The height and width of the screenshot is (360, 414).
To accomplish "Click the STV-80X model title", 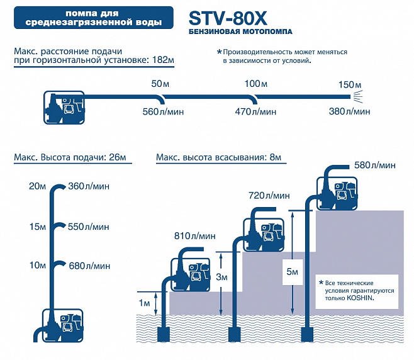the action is pos(228,18).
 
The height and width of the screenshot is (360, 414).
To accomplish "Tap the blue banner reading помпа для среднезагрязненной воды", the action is pos(94,18).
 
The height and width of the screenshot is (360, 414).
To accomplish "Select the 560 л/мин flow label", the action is pos(163,112).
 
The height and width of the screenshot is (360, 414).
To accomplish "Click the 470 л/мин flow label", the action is pos(255,112).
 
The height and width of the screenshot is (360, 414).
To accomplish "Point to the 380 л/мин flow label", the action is pos(349,111).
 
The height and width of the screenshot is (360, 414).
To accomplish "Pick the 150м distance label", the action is pos(350,85).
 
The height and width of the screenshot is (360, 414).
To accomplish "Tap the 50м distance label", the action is pos(160,84).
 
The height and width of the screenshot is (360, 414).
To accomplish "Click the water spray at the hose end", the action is pos(357,97).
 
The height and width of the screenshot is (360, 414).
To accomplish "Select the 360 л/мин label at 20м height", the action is pos(89,186).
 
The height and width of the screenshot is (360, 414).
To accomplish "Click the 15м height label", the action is pos(38,227).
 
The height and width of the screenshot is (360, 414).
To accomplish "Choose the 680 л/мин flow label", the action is pos(89,266).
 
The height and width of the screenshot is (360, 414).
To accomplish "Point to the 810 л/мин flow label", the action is pos(195,236).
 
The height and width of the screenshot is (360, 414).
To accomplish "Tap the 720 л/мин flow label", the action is pos(269,196).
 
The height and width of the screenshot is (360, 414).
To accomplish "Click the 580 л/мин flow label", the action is pos(375,166).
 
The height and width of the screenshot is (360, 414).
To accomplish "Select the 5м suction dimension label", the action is pos(293,272).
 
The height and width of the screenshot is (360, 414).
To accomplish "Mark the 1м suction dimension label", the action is pos(145,303).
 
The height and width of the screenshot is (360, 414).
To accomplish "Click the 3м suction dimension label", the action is pos(221,277).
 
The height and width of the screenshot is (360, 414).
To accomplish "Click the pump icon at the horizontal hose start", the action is pos(64,108).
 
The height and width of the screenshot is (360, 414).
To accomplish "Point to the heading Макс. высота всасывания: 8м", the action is pos(218,157).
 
